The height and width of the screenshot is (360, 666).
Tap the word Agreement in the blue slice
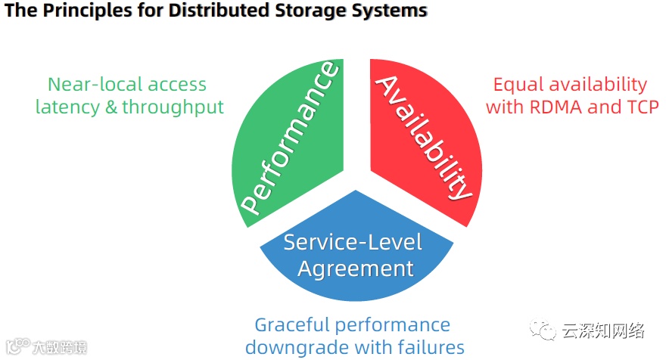tap(356, 268)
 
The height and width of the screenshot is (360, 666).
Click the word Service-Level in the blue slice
tap(353, 242)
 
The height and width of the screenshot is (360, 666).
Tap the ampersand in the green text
tap(110, 107)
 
